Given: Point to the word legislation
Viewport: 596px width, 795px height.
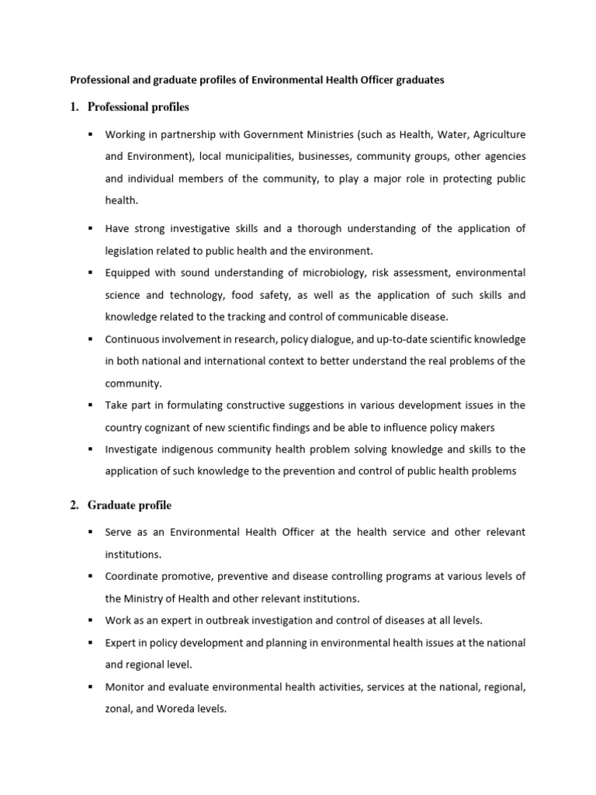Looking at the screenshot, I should (x=133, y=251).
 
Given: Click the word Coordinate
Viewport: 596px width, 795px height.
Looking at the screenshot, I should (x=133, y=576).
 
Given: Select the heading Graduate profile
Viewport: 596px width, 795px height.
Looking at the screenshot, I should (x=130, y=505).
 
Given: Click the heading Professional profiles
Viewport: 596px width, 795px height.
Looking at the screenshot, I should (x=138, y=106).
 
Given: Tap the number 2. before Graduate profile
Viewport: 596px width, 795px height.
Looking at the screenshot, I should (x=74, y=505).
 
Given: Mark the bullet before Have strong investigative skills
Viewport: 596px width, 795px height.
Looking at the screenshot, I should (x=90, y=228).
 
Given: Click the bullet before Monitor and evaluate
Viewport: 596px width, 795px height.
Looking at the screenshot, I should (x=90, y=687).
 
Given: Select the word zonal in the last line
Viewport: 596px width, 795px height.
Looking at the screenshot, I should (x=120, y=709).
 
